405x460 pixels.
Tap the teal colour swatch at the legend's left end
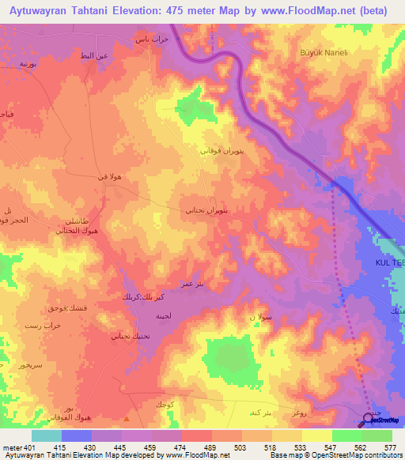click(47, 435)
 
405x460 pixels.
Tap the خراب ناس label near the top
click(151, 40)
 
